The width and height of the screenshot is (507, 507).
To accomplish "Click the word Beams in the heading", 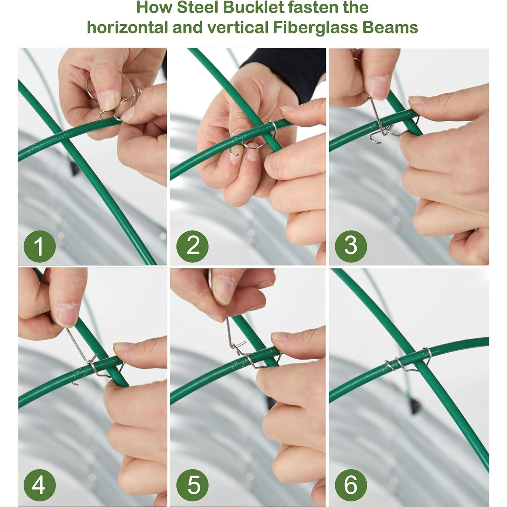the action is point(390,27).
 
